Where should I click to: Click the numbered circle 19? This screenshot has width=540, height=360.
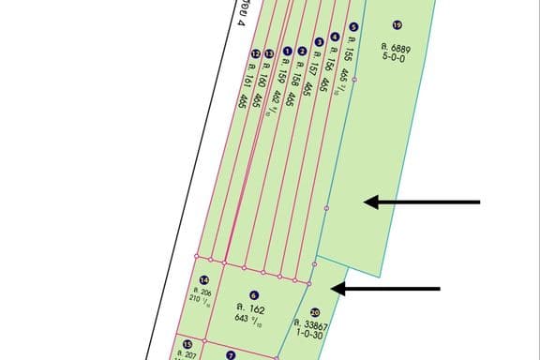(397, 25)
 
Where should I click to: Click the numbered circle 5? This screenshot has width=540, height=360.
(352, 28)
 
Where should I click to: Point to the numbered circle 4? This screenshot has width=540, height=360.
(335, 37)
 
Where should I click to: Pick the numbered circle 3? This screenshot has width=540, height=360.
(319, 42)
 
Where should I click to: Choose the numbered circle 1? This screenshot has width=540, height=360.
(287, 51)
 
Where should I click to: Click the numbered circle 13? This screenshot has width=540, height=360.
(269, 54)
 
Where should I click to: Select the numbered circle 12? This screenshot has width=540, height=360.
(255, 54)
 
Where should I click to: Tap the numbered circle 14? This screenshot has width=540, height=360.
(204, 280)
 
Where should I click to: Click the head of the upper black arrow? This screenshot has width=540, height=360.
(368, 202)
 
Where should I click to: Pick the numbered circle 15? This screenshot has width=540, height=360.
(187, 345)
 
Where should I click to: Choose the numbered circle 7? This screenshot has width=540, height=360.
(231, 355)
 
